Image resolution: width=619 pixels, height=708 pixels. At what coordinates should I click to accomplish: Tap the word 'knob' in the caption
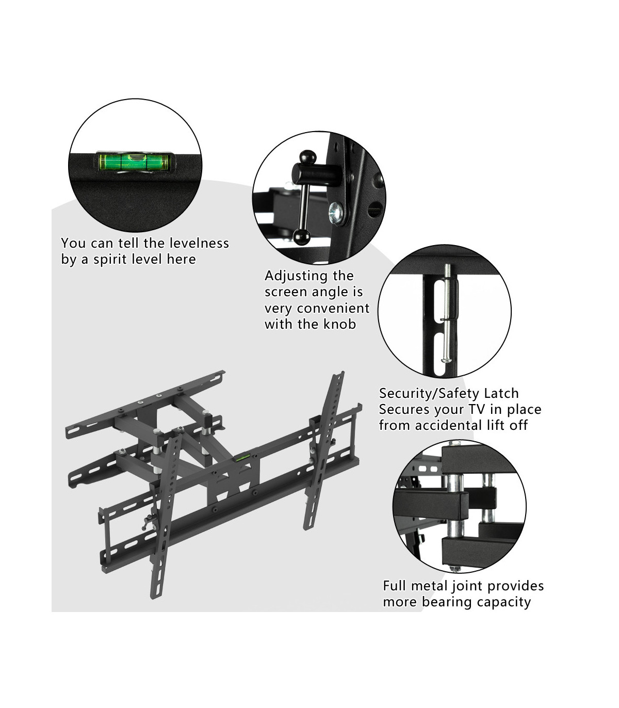[x=339, y=324]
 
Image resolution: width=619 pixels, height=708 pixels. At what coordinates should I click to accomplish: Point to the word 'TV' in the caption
[x=477, y=409]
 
